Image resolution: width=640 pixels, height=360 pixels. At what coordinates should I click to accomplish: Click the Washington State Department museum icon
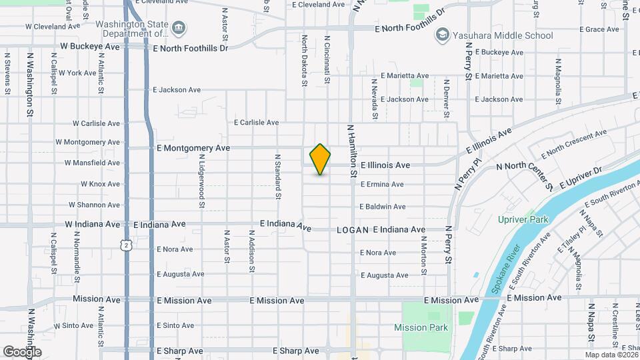pyautogui.click(x=179, y=29)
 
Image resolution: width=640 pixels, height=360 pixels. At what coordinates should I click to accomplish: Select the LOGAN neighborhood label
pyautogui.click(x=353, y=230)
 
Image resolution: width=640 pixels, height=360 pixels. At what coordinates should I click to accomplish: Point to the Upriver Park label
pyautogui.click(x=523, y=219)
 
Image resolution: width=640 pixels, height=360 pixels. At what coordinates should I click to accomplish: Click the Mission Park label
pyautogui.click(x=421, y=327)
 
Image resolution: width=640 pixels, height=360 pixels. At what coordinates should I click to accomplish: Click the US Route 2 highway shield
pyautogui.click(x=126, y=245)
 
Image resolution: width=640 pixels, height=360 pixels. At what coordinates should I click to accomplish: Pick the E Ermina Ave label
pyautogui.click(x=382, y=185)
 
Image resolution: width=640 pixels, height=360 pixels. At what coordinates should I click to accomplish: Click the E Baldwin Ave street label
pyautogui.click(x=382, y=207)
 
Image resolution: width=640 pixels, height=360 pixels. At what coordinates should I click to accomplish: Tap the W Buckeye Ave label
pyautogui.click(x=90, y=47)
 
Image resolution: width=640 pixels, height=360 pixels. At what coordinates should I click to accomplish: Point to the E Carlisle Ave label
pyautogui.click(x=256, y=123)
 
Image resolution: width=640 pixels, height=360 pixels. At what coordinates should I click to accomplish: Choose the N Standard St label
pyautogui.click(x=277, y=177)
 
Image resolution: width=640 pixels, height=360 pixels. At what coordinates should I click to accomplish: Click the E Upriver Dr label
pyautogui.click(x=582, y=177)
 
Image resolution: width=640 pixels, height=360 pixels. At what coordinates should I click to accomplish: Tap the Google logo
pyautogui.click(x=22, y=351)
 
